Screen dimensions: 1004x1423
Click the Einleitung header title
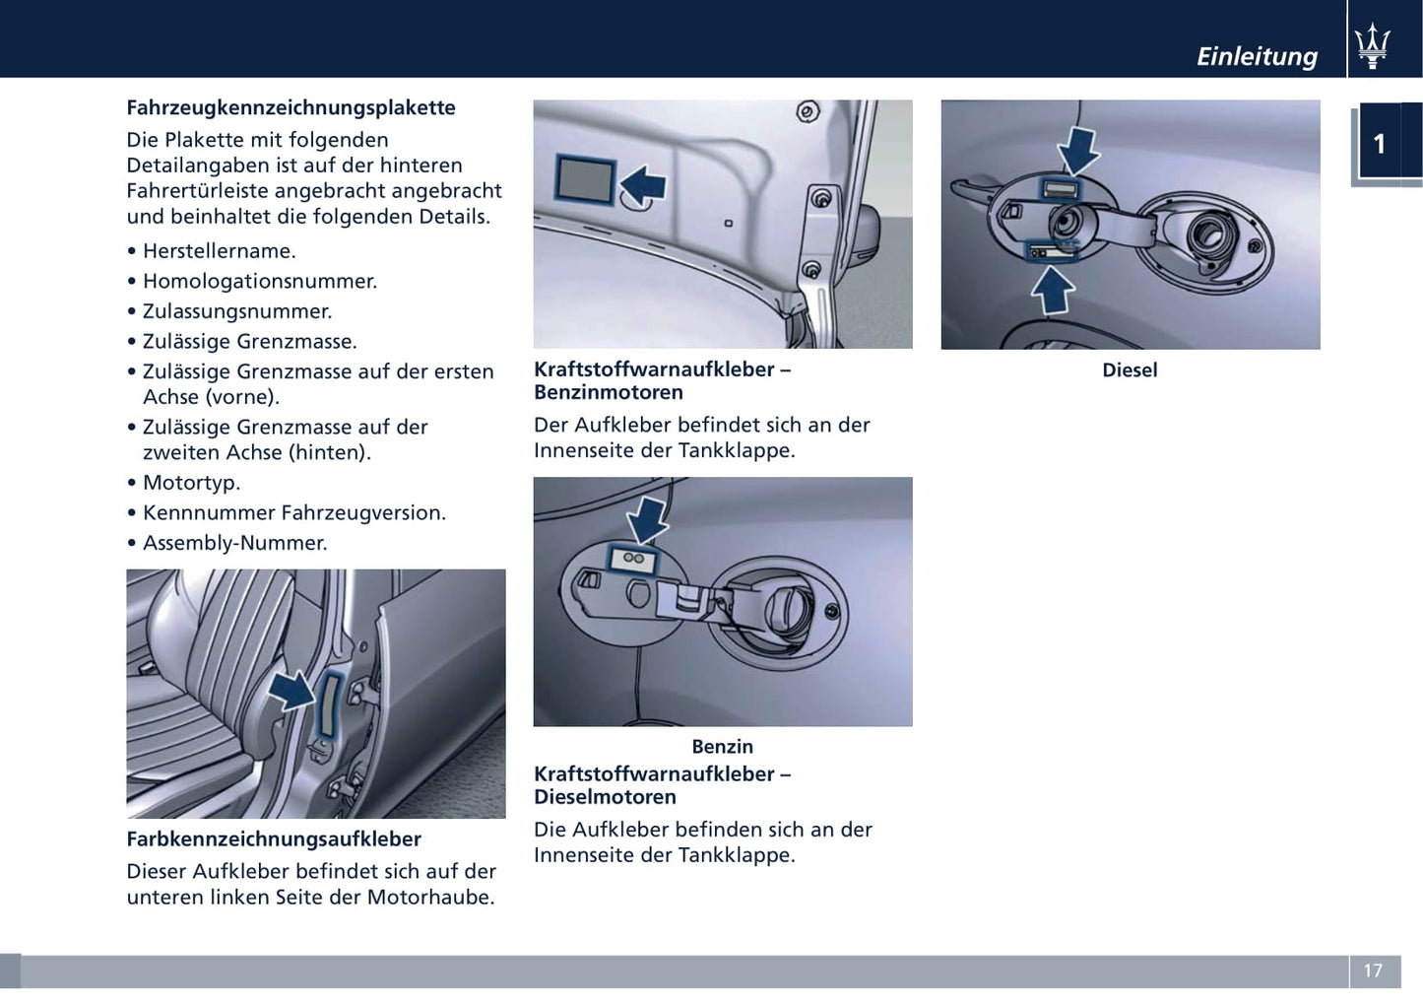[1257, 56]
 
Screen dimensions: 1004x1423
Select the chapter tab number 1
[1380, 144]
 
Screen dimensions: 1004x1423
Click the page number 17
[1373, 971]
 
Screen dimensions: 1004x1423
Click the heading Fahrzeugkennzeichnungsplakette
[291, 107]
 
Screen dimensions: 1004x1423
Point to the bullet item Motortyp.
[191, 483]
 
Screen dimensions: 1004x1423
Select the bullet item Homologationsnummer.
[259, 281]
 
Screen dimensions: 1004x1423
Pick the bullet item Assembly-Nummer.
[234, 543]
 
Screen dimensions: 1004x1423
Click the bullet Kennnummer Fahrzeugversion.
[293, 512]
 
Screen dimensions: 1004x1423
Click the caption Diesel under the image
[1130, 370]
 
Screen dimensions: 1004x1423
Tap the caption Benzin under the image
[722, 747]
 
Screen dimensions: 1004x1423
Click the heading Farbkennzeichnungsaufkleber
[274, 839]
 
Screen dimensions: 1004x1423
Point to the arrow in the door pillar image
[291, 690]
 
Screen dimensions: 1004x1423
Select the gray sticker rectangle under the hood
[585, 179]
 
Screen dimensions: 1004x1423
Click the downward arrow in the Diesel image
[1079, 150]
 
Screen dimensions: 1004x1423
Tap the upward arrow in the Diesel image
[1053, 290]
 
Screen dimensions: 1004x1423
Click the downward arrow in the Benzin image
[648, 519]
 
